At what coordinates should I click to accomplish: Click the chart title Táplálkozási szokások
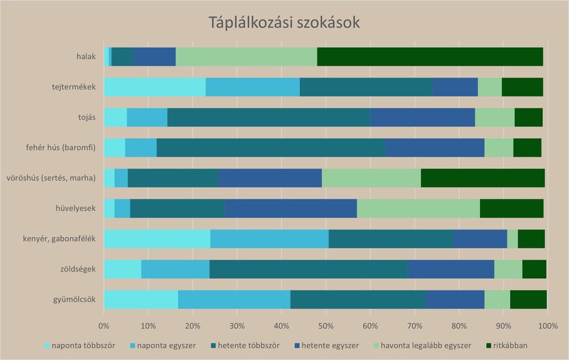click(284, 23)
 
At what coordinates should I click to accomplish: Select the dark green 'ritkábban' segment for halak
click(430, 57)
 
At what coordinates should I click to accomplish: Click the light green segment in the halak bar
click(246, 57)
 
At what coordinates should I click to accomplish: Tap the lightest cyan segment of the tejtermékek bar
click(155, 87)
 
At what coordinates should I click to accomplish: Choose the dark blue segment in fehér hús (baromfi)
click(434, 147)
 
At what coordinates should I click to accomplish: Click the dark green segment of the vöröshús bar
click(483, 178)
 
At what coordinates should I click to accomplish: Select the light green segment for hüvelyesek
click(418, 208)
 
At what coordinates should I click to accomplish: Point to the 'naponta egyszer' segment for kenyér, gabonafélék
click(269, 238)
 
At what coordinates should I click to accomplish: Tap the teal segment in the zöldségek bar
click(308, 269)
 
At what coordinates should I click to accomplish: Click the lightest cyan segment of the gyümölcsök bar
click(141, 299)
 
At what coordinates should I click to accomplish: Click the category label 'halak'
click(86, 57)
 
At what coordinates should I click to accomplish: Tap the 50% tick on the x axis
click(325, 326)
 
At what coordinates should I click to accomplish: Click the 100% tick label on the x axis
click(547, 326)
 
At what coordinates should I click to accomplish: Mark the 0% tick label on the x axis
click(104, 326)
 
